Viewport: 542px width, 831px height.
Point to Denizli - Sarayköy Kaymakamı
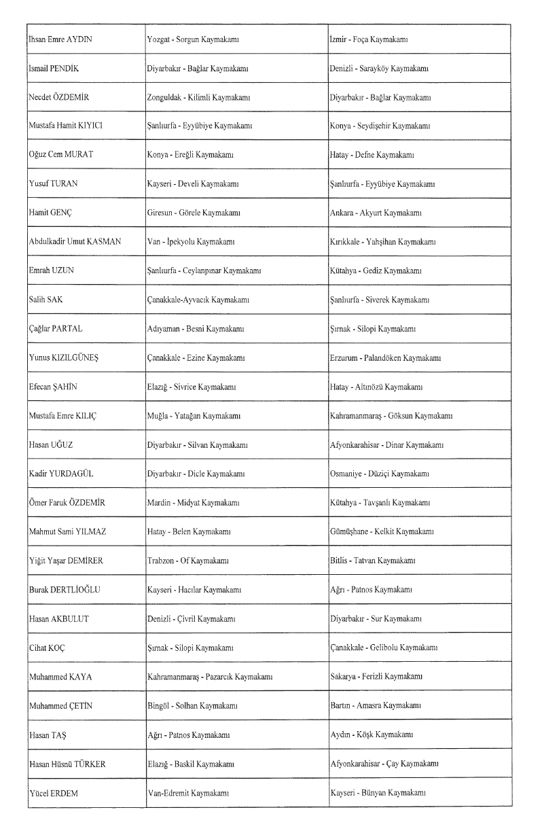(378, 69)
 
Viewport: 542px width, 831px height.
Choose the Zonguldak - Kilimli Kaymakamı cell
(196, 98)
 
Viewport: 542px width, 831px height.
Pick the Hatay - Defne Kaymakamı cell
(372, 156)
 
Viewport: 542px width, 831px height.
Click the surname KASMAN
(104, 242)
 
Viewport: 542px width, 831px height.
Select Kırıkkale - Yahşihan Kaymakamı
(382, 242)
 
